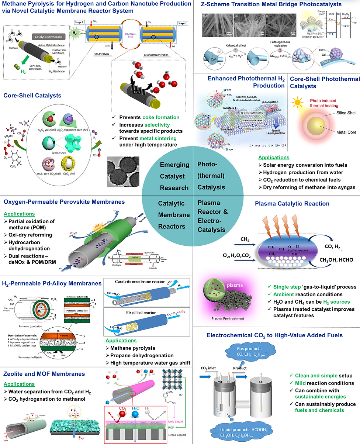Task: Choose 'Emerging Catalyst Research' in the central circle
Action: point(174,176)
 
